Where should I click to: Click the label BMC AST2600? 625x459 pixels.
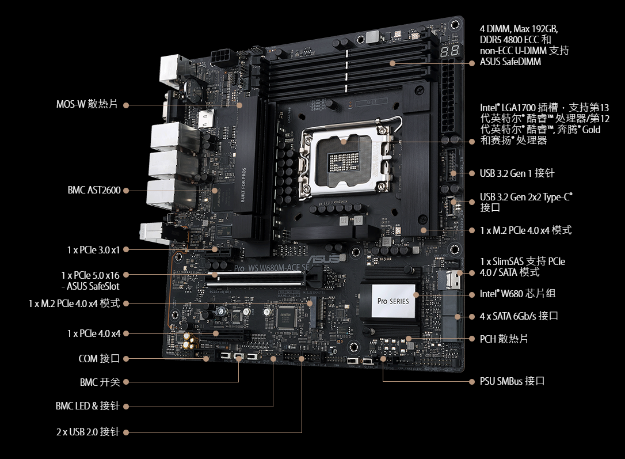[x=94, y=190]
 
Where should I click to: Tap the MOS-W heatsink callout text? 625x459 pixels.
[x=87, y=104]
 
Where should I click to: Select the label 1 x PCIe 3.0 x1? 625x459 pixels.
[x=93, y=250]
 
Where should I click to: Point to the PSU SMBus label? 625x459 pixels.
[x=512, y=381]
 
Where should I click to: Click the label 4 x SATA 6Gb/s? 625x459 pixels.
[x=519, y=316]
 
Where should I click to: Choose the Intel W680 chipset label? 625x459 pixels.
[x=517, y=294]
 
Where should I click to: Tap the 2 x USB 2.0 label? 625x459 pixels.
[x=87, y=432]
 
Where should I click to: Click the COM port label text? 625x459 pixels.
[x=99, y=359]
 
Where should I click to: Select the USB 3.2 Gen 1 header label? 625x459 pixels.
[x=517, y=173]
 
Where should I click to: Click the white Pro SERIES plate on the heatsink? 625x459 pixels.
[x=393, y=301]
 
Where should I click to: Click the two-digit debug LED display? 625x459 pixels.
[x=449, y=51]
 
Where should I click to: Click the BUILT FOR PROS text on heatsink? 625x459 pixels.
[x=243, y=184]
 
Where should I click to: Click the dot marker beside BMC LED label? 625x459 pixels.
[x=126, y=407]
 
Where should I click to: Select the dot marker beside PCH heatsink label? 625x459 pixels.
[x=472, y=339]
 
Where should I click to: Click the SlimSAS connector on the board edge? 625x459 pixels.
[x=451, y=279]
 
